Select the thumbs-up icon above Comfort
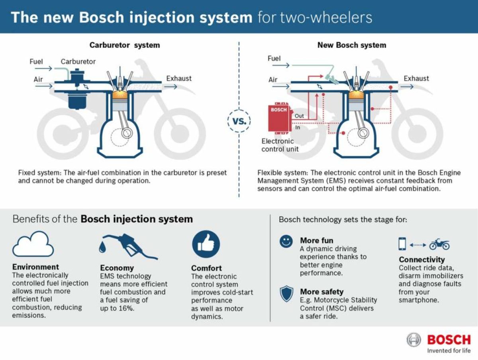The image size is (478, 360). [206, 244]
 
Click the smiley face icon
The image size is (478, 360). [286, 242]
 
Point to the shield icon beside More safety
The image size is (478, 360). [286, 294]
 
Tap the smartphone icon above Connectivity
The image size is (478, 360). [402, 244]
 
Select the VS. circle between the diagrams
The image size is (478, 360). [239, 121]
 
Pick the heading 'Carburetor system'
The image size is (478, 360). [125, 45]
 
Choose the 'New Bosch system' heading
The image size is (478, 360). [352, 45]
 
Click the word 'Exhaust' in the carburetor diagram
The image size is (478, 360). [179, 79]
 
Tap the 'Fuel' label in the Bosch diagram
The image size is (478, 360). [274, 59]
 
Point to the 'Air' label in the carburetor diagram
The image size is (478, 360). [38, 79]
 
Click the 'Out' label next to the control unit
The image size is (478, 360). [299, 116]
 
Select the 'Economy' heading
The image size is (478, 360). [117, 268]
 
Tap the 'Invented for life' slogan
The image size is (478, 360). [449, 351]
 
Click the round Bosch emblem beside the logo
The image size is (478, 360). [413, 340]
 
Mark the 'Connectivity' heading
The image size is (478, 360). [421, 260]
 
